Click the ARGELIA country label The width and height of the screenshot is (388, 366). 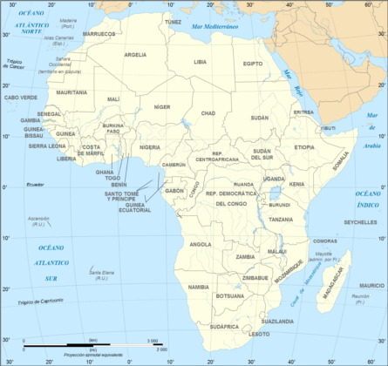135,54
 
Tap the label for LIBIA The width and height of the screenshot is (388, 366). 200,62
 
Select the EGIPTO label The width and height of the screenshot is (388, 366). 253,64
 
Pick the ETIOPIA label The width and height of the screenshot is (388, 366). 303,147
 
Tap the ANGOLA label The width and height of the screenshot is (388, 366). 200,244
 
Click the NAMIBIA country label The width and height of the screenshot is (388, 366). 199,286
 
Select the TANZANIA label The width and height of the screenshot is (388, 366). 281,220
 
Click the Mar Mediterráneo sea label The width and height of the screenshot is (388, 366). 210,28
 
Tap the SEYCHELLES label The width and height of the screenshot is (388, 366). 358,221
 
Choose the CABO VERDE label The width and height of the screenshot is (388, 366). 22,98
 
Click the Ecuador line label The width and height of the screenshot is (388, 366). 34,185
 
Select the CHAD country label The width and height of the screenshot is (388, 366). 208,113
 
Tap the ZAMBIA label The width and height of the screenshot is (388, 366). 245,257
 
